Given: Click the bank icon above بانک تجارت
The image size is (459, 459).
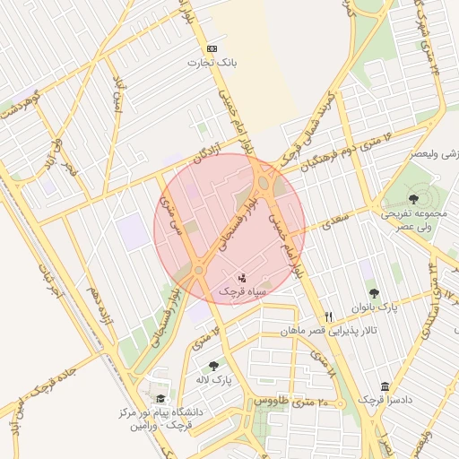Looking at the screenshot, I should tap(212, 48).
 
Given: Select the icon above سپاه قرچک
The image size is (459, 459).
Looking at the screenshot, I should tap(241, 278).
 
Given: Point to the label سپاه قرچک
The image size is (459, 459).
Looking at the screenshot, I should tap(241, 292).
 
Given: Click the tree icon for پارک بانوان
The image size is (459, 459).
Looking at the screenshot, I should tap(374, 293).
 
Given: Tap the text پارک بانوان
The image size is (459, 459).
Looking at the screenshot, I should tap(375, 307).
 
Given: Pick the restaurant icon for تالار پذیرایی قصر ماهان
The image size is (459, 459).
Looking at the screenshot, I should tap(328, 316).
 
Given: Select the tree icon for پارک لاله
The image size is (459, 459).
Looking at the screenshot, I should tap(212, 366).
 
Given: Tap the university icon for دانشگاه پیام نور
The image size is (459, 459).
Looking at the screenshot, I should tap(160, 399).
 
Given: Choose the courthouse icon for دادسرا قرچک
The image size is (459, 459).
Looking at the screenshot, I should tap(385, 386).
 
